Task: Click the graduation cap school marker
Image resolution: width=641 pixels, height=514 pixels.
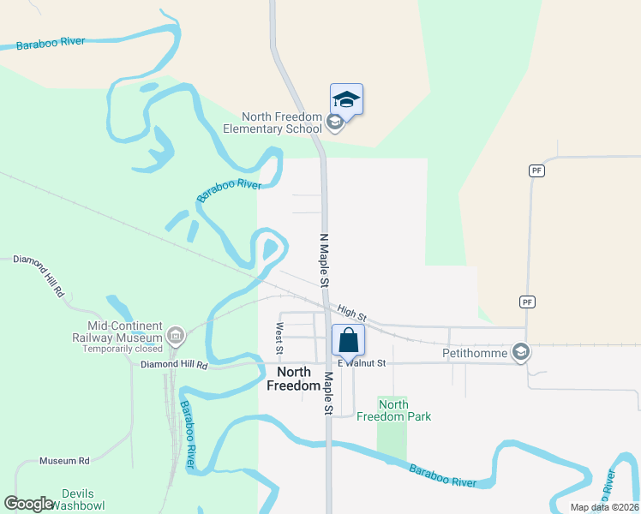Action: [x=346, y=99]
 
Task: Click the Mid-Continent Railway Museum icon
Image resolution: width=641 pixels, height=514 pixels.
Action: [x=177, y=333]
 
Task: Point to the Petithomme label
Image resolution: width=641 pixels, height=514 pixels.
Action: [x=475, y=352]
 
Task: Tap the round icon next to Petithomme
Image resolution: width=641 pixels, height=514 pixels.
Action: [x=520, y=351]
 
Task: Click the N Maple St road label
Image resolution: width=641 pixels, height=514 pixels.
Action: [x=324, y=260]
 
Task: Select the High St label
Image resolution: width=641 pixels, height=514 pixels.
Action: [x=351, y=314]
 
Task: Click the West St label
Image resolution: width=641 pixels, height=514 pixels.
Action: [x=279, y=338]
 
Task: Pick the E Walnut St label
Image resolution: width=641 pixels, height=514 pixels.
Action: [x=362, y=363]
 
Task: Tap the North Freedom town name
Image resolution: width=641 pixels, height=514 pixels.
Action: [x=293, y=379]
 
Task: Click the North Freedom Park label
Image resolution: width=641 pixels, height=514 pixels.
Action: [x=404, y=410]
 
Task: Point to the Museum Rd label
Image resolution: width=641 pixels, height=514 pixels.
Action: [x=64, y=461]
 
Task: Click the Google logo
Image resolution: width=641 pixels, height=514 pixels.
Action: [x=28, y=503]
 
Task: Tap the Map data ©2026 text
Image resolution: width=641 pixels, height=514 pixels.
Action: [x=603, y=507]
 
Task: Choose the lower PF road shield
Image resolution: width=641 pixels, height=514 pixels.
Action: [x=527, y=302]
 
